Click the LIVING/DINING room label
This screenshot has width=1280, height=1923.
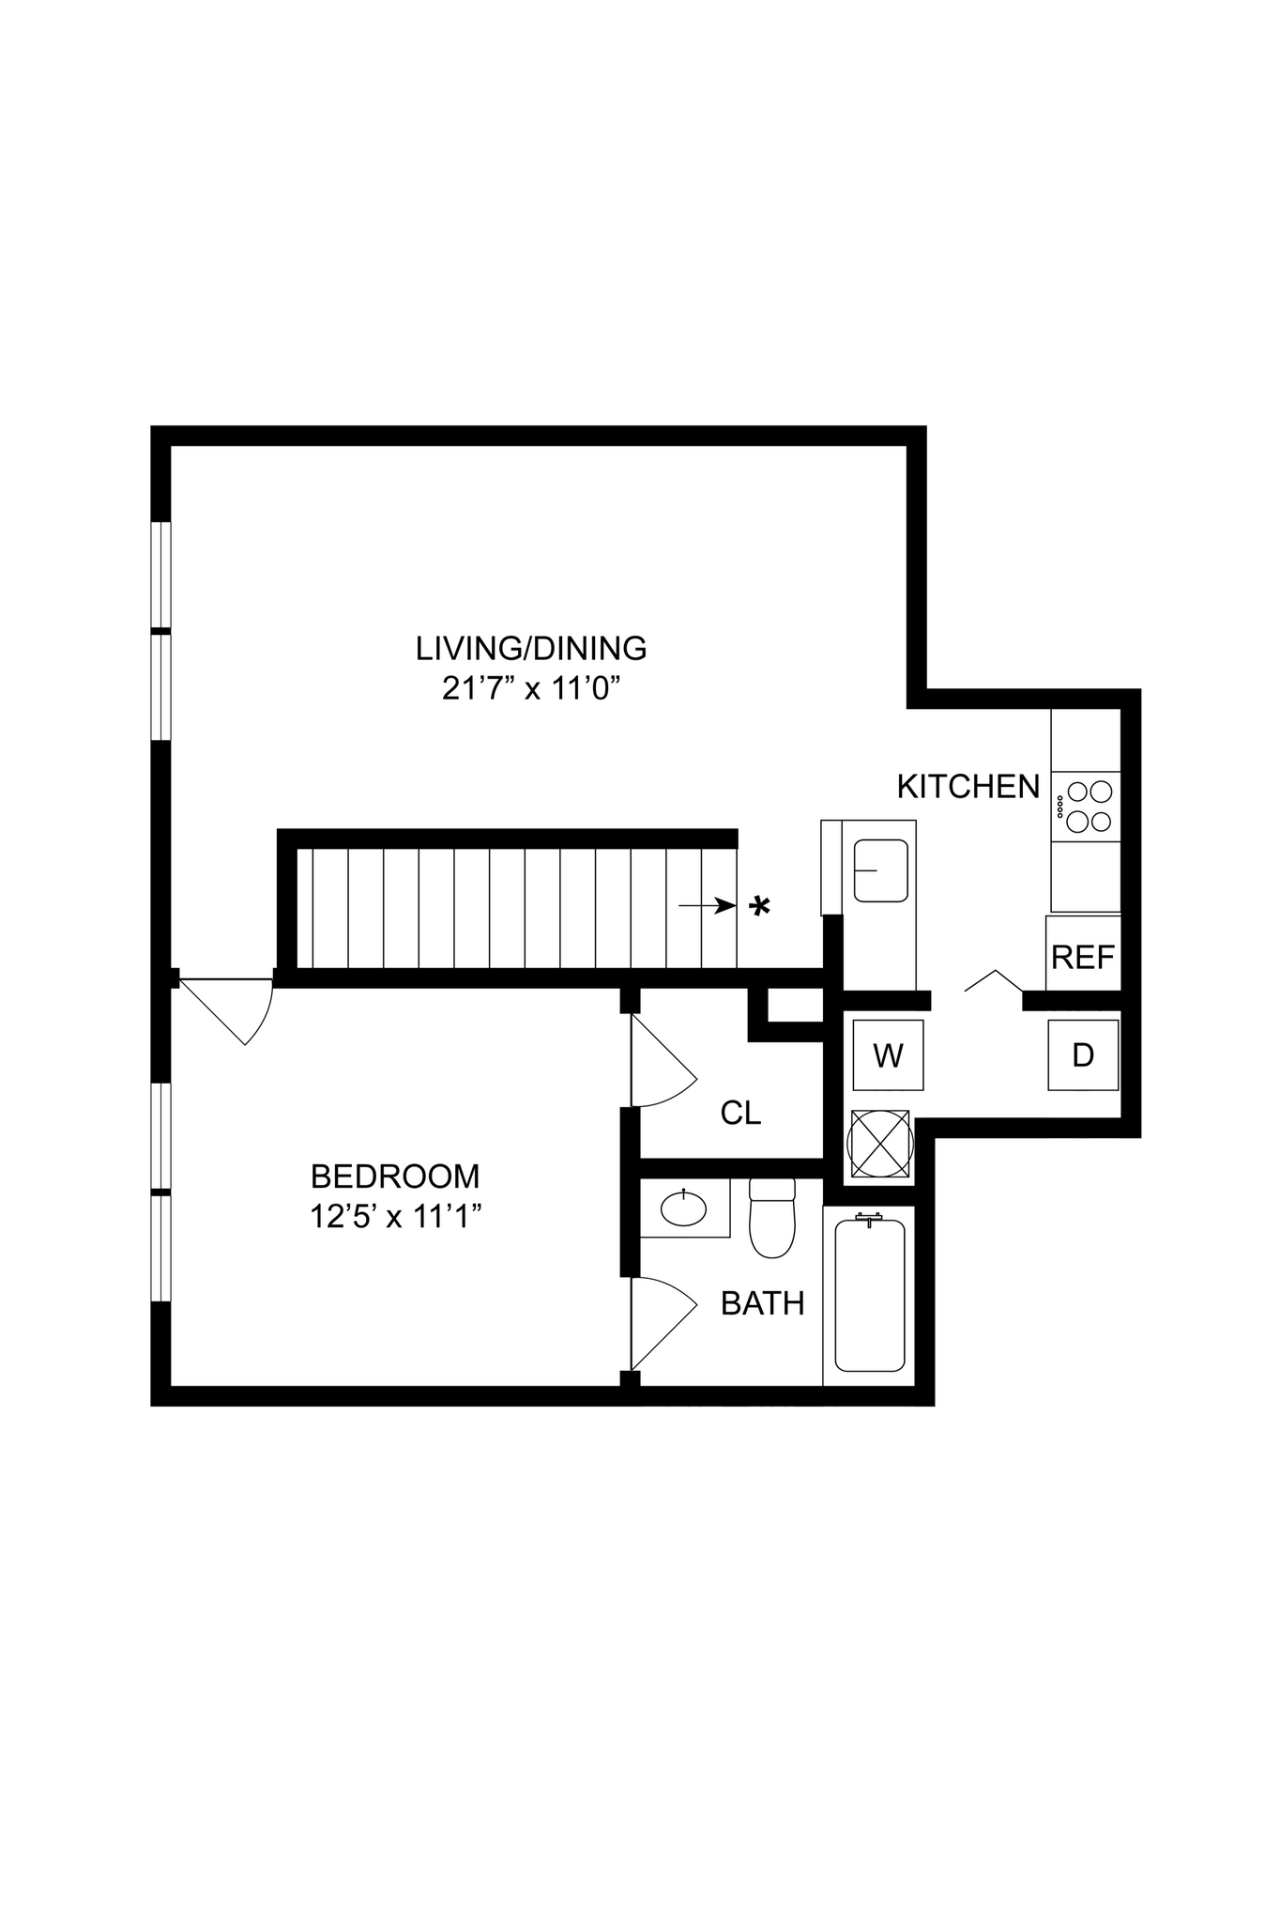531,648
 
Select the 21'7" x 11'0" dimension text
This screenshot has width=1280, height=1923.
531,689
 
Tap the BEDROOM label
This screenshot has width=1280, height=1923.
395,1176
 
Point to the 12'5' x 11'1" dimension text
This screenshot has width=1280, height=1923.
395,1217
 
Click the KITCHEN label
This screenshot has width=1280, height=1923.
968,786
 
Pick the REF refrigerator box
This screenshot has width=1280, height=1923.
1083,956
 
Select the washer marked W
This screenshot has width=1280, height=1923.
888,1055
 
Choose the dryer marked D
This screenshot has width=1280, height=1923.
1083,1055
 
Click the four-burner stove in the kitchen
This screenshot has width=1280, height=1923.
1087,807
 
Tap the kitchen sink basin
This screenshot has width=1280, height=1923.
880,870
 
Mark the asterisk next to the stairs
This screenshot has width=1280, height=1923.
759,906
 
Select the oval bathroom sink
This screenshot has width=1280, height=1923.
683,1208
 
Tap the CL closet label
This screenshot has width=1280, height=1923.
740,1113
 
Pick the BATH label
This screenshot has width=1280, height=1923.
762,1303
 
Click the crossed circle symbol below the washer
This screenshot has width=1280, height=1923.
879,1144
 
